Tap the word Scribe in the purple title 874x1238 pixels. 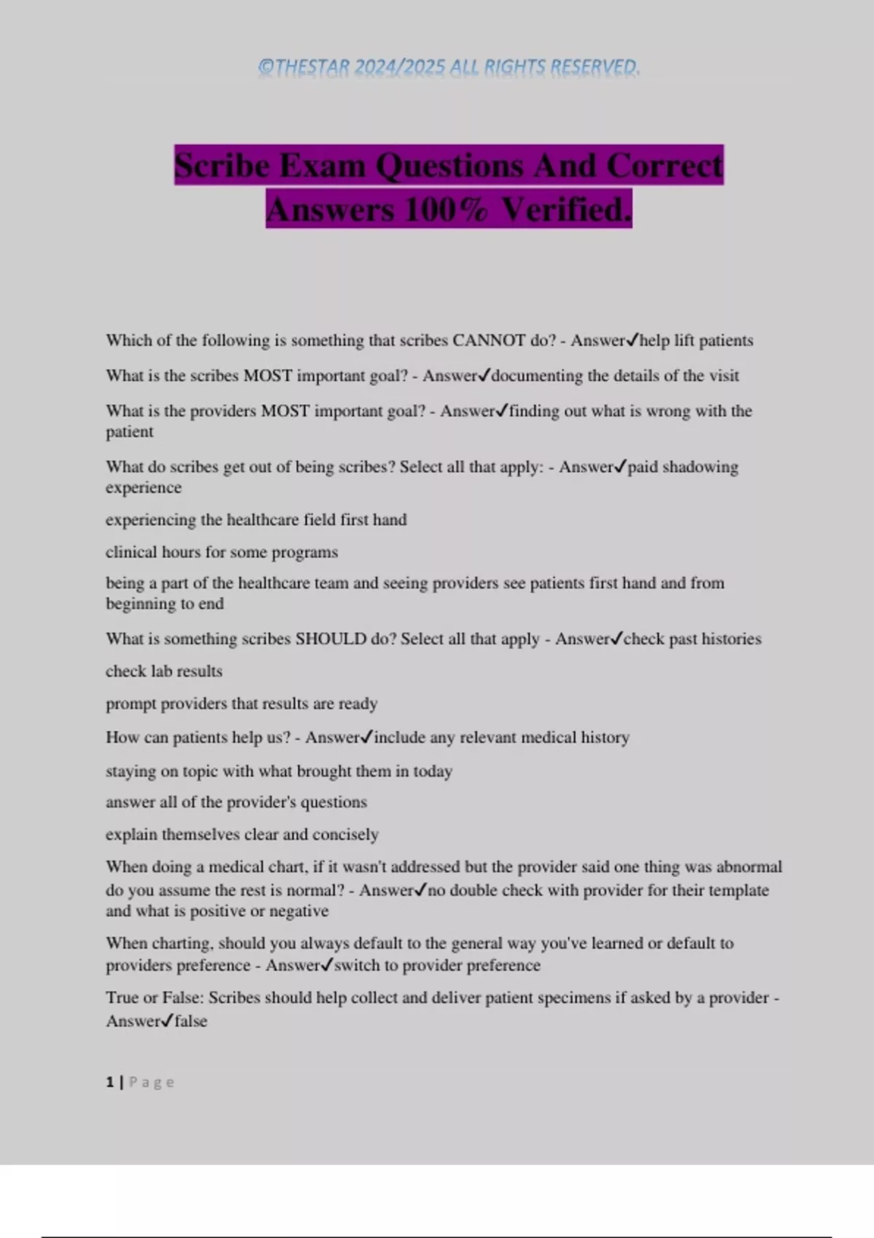click(x=222, y=165)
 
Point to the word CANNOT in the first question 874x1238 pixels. click(x=489, y=340)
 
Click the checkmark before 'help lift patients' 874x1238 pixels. click(x=632, y=339)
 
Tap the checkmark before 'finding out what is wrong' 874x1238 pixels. click(x=502, y=411)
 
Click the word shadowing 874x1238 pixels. click(x=700, y=467)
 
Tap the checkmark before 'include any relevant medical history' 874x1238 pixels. click(x=367, y=737)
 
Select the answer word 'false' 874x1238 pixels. click(x=191, y=1021)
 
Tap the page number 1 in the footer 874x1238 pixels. click(x=110, y=1082)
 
